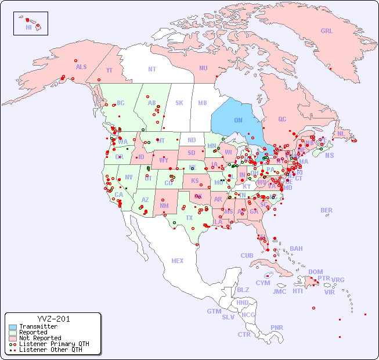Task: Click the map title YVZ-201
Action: pos(53,319)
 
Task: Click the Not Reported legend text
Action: pos(40,338)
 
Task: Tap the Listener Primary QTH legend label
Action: pos(54,344)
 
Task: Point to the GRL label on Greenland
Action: pos(327,31)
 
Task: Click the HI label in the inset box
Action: pos(28,27)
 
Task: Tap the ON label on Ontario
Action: pos(238,120)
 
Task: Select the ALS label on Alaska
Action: pos(81,67)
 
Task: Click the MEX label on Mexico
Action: pos(178,261)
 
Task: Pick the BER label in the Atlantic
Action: pos(327,210)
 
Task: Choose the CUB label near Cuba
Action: pos(247,255)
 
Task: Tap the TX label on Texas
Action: pos(189,218)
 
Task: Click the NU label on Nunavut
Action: pos(203,68)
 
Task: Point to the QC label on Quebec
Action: pos(282,119)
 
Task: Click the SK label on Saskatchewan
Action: pos(179,103)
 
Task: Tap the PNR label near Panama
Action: pos(277,327)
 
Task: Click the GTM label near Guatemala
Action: pos(214,311)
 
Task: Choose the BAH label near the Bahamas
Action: pos(296,249)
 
